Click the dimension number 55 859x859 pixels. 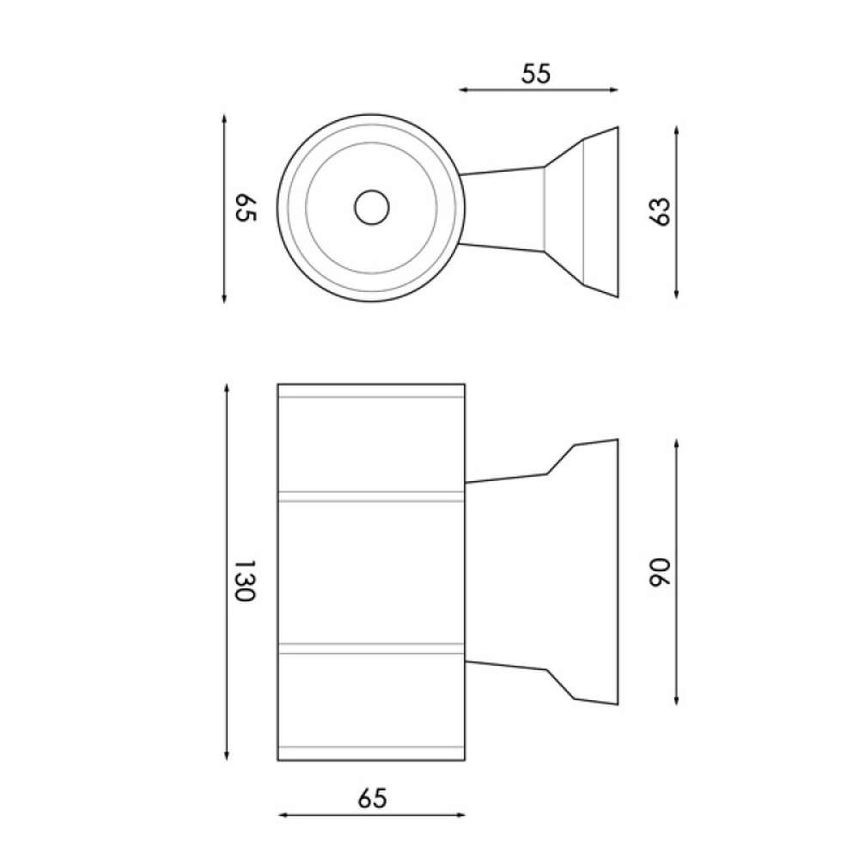(536, 74)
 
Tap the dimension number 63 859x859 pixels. (660, 211)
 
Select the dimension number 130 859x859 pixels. (245, 580)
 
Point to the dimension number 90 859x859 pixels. (660, 572)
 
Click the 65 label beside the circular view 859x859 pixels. (246, 208)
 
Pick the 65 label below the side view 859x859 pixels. (373, 798)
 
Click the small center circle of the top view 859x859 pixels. (371, 208)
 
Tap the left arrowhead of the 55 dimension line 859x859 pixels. (463, 90)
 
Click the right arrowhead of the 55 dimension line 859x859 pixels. (614, 90)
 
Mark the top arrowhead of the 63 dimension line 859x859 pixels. (677, 131)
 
